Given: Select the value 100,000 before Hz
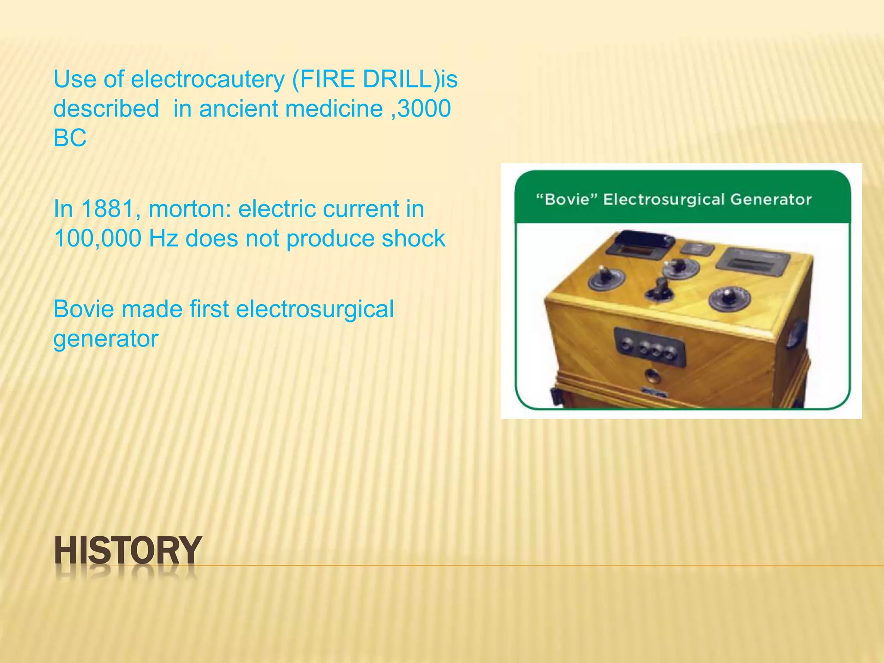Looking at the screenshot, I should (98, 239).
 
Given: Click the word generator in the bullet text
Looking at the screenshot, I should (106, 339).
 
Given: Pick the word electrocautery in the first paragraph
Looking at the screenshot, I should (208, 80).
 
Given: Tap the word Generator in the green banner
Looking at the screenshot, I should (770, 200).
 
